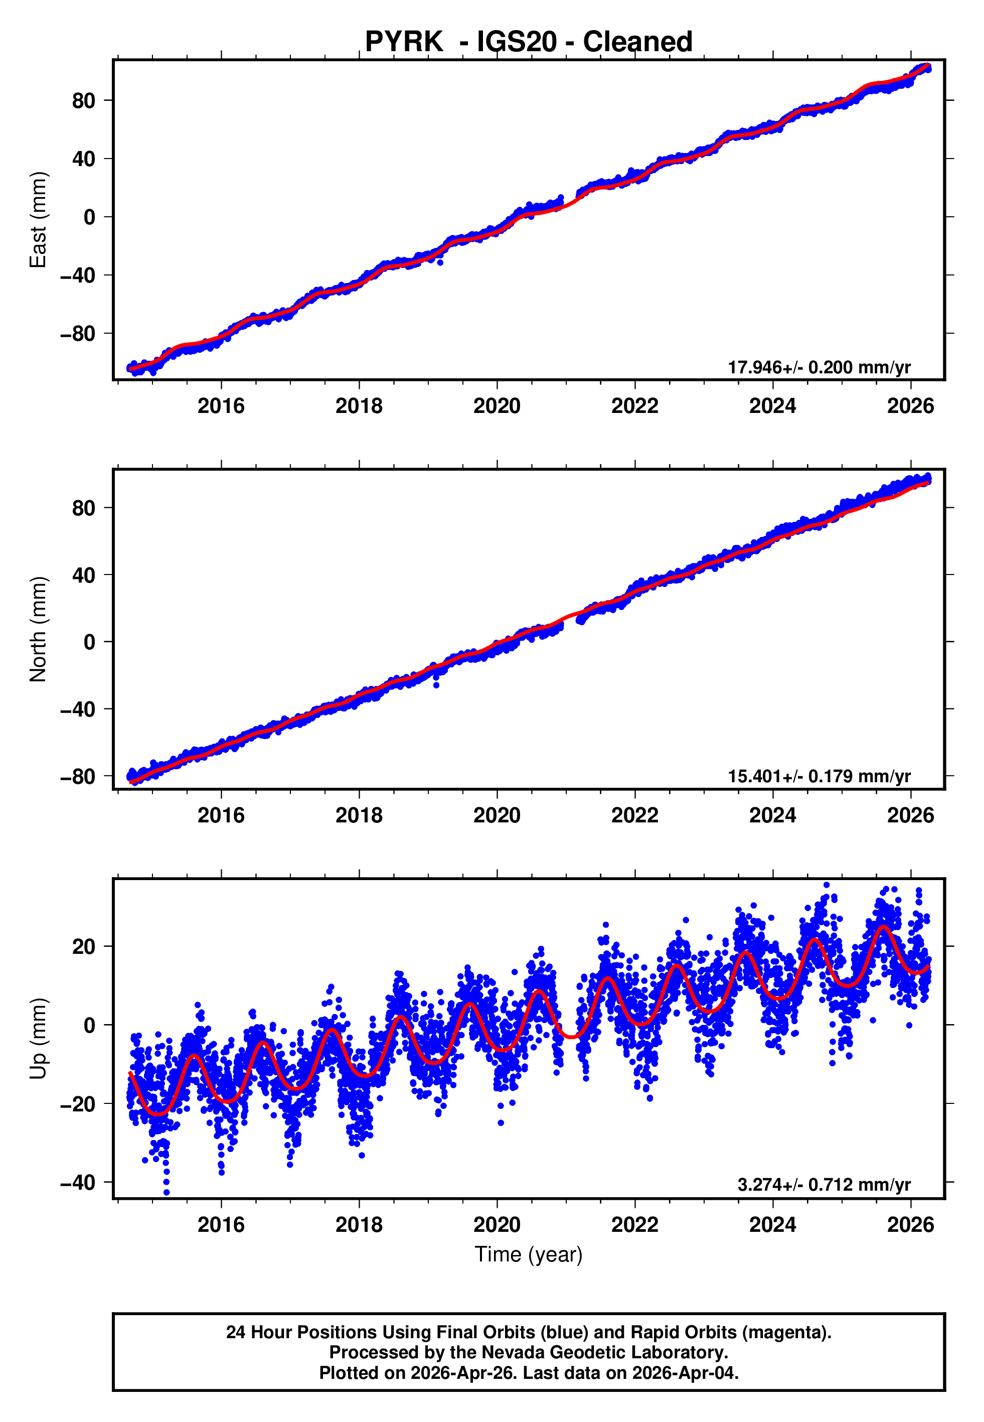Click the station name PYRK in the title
pos(403,42)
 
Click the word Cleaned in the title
pos(637,42)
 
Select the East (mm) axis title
pos(38,220)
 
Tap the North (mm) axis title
pos(38,629)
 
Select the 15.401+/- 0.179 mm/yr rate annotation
pos(819,776)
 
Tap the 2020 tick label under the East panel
pos(497,406)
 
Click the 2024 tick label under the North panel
pos(772,815)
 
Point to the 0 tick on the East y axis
pos(89,217)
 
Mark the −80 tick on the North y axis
pos(78,776)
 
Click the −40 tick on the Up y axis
pos(78,1182)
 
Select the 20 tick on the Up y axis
pos(84,946)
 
